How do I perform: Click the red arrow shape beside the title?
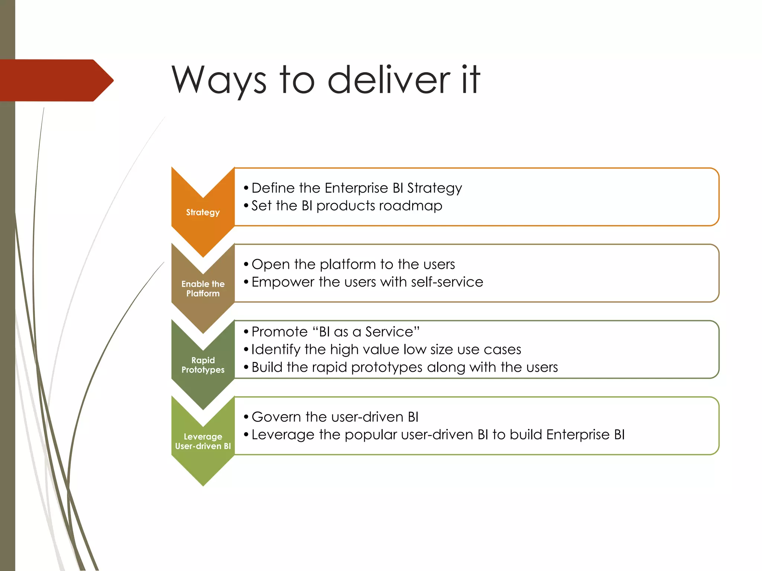[56, 80]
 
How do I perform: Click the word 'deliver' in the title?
[388, 80]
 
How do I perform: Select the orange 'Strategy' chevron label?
[203, 212]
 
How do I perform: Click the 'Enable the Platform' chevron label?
[203, 288]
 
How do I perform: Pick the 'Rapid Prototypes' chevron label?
[203, 365]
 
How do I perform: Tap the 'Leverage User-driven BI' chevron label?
[203, 441]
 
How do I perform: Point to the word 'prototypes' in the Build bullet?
[387, 368]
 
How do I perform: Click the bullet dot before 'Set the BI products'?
[246, 206]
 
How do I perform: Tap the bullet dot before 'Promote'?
[246, 332]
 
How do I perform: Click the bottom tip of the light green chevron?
[203, 484]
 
